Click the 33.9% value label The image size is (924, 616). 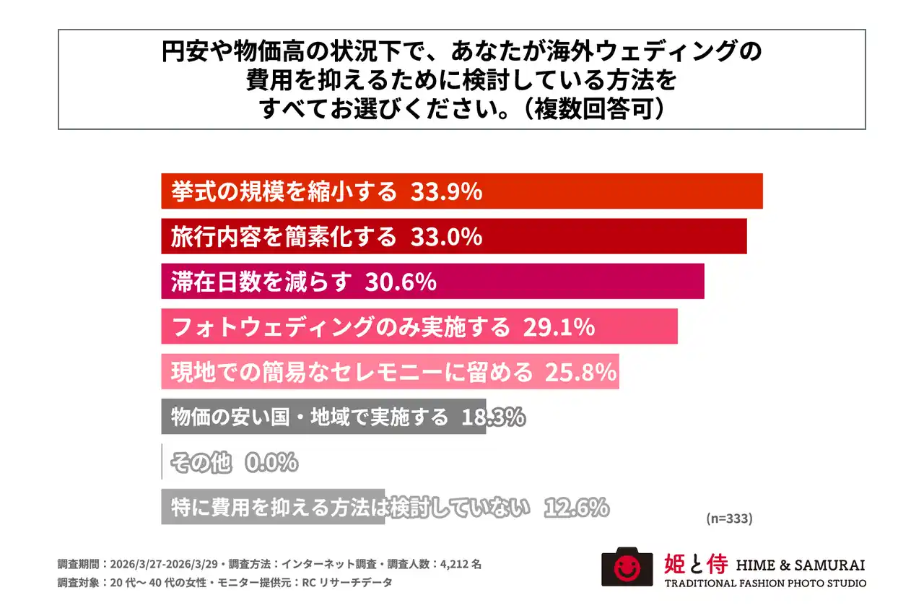(x=445, y=191)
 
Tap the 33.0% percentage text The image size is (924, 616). (x=445, y=236)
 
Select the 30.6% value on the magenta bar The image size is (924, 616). (x=401, y=282)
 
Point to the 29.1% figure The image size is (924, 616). (x=558, y=327)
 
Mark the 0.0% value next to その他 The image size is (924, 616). (x=271, y=462)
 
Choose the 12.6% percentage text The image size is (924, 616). (x=575, y=507)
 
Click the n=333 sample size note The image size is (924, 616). (x=728, y=519)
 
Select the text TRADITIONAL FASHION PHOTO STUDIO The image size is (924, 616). (x=764, y=583)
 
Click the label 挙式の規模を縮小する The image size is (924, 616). (x=284, y=191)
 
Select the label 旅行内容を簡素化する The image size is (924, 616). (x=284, y=236)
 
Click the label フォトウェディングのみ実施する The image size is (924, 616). (x=341, y=327)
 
